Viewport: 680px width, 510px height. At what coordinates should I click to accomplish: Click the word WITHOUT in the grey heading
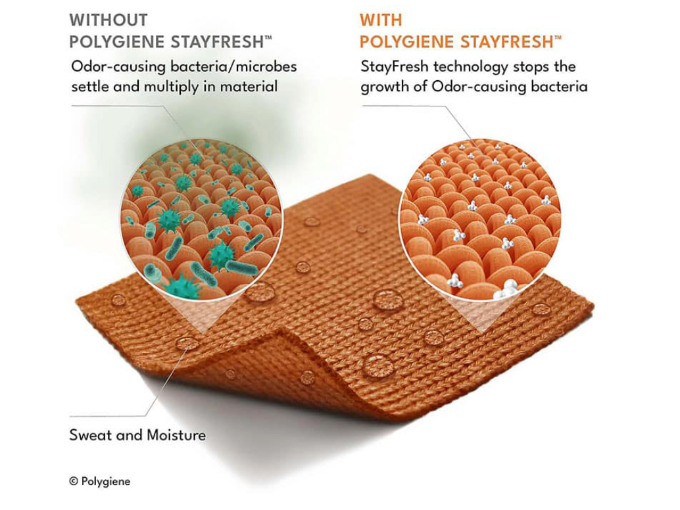[109, 20]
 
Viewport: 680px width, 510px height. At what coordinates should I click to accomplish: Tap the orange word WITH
[381, 20]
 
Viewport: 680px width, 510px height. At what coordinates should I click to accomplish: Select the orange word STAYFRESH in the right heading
[506, 42]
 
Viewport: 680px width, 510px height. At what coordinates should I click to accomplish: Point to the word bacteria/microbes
[233, 66]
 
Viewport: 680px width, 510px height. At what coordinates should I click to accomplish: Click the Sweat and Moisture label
[137, 435]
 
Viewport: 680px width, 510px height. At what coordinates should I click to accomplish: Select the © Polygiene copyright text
[100, 481]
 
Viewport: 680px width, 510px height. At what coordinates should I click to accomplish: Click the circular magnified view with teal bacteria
[202, 219]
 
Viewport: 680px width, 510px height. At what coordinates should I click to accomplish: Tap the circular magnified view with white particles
[479, 220]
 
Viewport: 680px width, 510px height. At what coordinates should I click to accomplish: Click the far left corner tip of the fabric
[76, 300]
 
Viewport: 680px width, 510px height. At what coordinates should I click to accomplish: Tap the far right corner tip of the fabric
[593, 306]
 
